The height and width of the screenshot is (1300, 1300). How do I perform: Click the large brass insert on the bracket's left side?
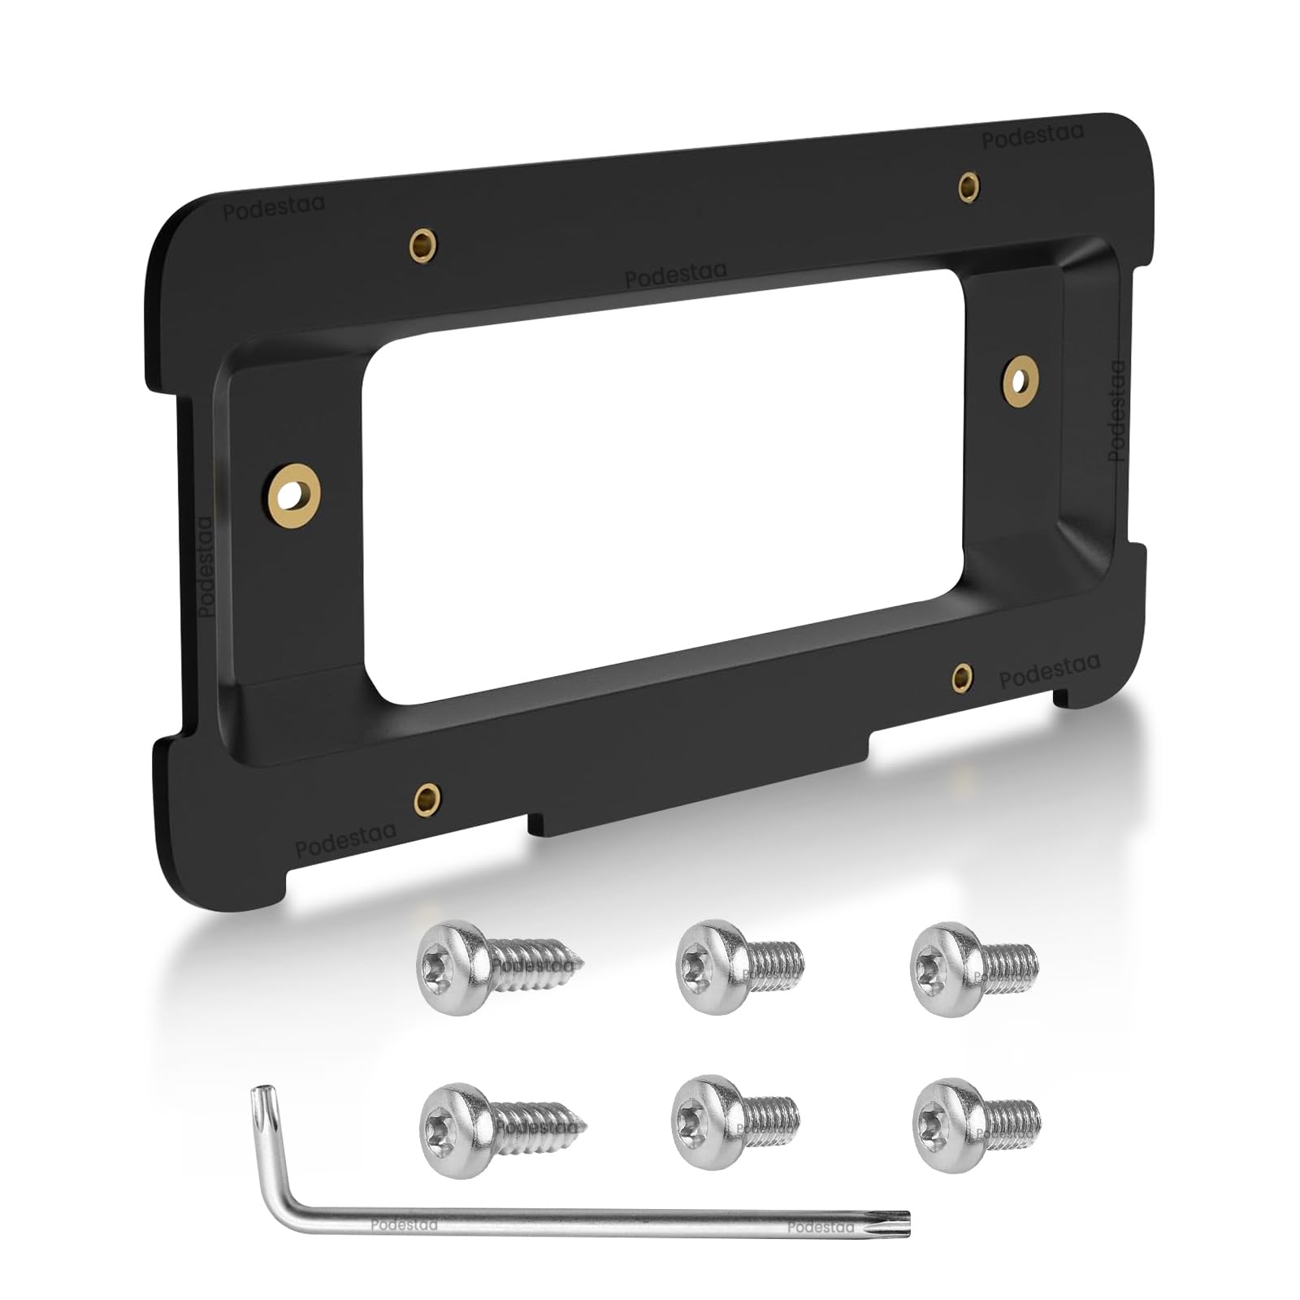[x=293, y=492]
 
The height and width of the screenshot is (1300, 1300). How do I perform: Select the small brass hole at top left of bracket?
[x=424, y=242]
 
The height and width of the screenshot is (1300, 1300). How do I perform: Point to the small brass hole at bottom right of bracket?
[x=961, y=674]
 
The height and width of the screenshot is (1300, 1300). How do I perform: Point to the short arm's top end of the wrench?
[x=261, y=1094]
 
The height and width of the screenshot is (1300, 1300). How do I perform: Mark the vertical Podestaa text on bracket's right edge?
[x=1119, y=410]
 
